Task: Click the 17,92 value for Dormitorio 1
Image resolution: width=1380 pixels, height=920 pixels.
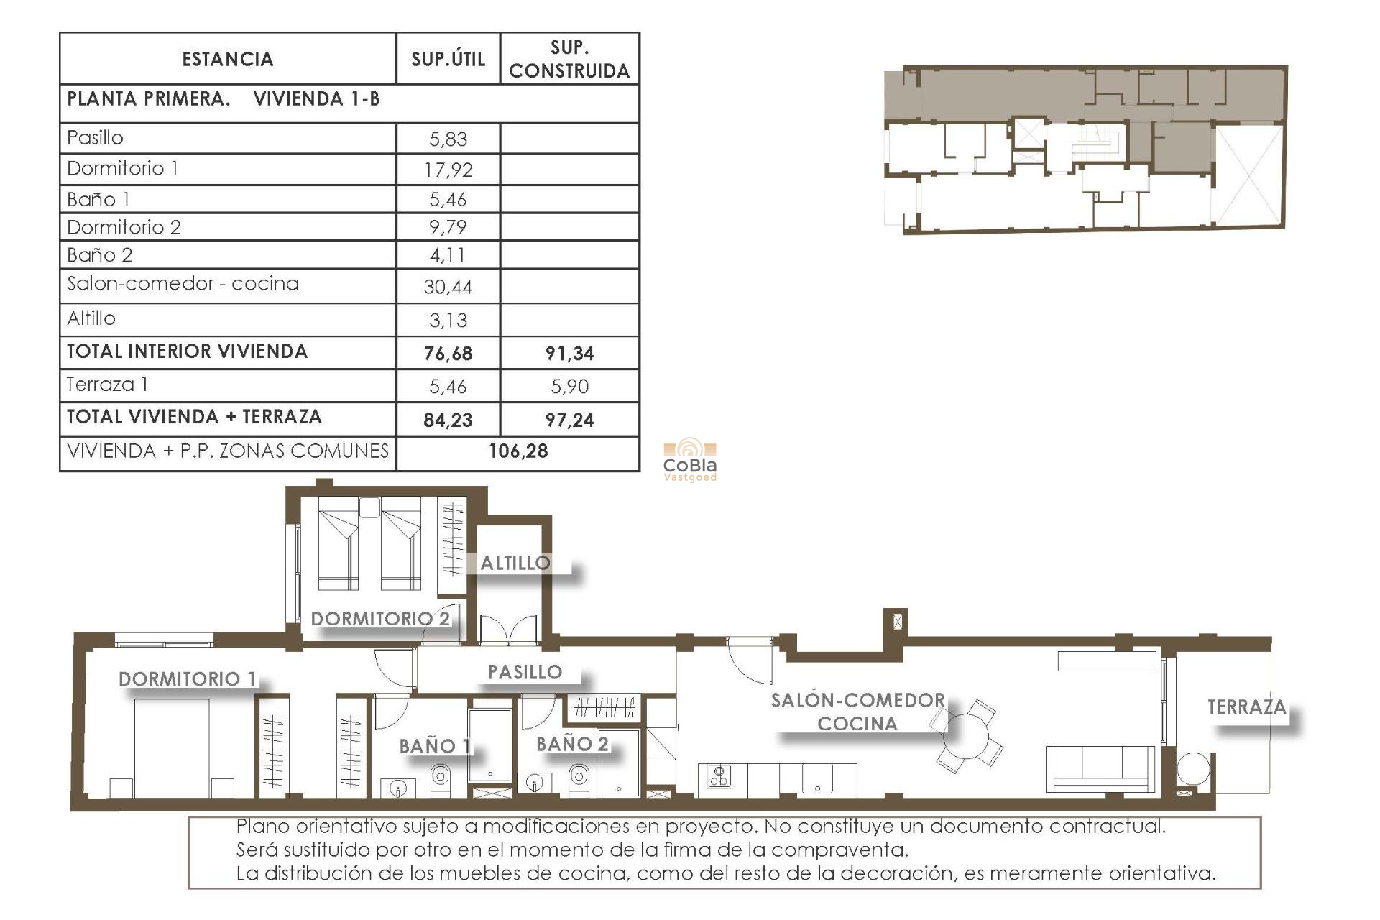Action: tap(448, 170)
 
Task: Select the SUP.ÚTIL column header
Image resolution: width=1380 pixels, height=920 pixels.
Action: tap(448, 59)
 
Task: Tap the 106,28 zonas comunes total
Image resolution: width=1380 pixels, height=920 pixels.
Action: tap(518, 451)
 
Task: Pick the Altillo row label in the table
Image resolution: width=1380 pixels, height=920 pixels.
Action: tap(91, 318)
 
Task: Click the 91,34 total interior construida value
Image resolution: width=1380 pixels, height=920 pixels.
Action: tap(569, 353)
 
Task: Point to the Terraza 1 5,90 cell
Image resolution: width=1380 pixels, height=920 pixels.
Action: tap(569, 387)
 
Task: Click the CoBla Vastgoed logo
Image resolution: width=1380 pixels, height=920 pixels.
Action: tap(689, 460)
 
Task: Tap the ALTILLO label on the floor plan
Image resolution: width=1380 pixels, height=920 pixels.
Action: tap(515, 563)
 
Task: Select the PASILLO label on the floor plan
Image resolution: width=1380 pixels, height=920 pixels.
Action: tap(525, 672)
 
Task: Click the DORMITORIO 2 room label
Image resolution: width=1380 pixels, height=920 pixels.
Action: tap(379, 618)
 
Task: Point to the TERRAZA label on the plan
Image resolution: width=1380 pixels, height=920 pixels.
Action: tap(1246, 707)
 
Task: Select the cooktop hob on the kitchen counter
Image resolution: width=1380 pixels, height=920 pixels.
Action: tap(719, 776)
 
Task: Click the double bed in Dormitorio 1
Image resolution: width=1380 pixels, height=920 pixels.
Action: tap(172, 747)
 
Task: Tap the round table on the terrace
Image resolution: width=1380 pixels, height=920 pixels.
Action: tap(1194, 770)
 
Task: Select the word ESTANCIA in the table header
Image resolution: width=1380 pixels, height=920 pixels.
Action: tap(227, 59)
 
